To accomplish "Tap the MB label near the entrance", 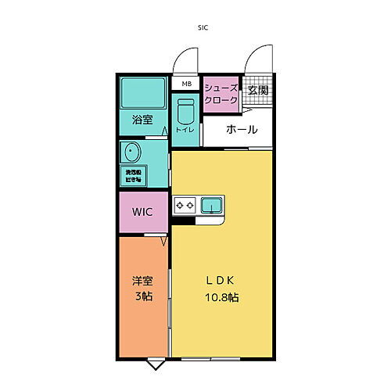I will click(186, 84).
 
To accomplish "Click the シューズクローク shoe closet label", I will click(221, 94).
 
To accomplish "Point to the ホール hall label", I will click(241, 130).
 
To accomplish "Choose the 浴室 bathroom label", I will click(142, 120).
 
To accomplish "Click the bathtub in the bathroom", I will click(142, 96).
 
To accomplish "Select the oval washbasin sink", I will click(129, 151).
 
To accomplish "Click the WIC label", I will click(142, 212).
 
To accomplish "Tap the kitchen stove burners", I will click(185, 206).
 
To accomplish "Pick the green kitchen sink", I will click(210, 206).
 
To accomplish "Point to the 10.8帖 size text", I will click(222, 298).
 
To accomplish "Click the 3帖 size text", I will click(142, 298).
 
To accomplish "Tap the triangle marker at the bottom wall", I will click(156, 364).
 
